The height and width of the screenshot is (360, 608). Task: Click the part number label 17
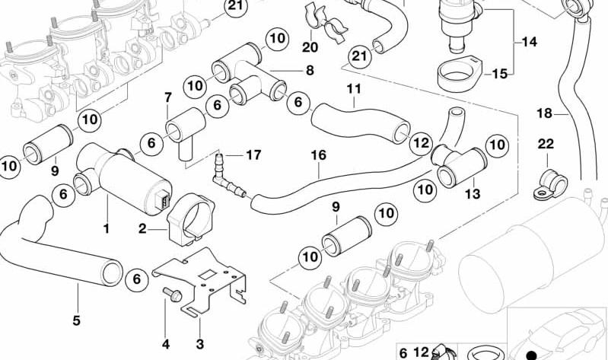253,155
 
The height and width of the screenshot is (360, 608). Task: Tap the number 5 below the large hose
76,320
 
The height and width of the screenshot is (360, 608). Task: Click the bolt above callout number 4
173,295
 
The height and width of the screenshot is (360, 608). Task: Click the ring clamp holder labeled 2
190,219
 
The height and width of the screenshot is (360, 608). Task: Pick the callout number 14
529,41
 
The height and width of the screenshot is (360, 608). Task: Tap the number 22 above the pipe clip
546,144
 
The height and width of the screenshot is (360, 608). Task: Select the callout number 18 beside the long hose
544,113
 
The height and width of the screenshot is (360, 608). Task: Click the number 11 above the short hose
353,89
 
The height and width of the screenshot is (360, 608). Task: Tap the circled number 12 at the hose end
421,143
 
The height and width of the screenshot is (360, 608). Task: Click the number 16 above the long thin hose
319,155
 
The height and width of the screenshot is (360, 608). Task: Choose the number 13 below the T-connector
473,193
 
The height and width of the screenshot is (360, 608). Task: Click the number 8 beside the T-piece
310,71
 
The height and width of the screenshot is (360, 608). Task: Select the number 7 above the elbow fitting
167,97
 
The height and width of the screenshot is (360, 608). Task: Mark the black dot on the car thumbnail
532,355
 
